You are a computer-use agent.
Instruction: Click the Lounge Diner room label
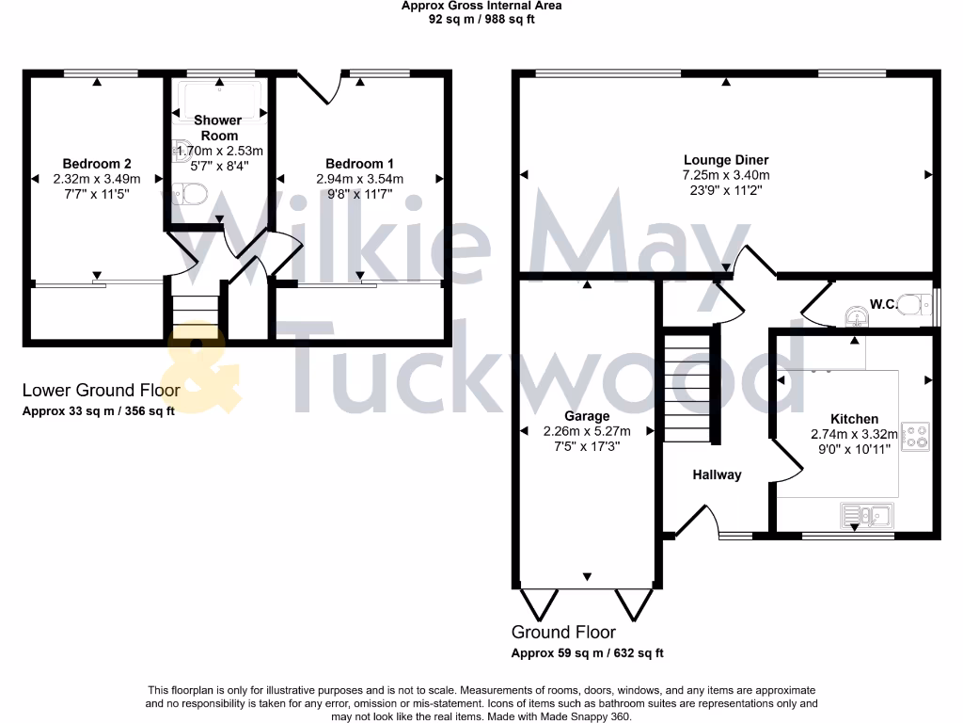726,160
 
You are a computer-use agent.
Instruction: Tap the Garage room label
587,416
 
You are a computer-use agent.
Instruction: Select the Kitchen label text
854,419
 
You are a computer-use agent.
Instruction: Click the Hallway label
717,475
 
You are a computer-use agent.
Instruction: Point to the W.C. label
881,304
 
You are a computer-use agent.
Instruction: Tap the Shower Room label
218,128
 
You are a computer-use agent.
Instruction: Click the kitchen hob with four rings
915,436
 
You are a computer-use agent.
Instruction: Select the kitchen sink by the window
866,514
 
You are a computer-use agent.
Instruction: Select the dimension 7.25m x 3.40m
726,175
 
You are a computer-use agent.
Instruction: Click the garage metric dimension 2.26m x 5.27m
587,431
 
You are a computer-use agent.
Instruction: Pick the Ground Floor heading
563,632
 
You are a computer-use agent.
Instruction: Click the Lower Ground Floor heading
101,390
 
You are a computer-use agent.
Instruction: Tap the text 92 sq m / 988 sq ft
481,19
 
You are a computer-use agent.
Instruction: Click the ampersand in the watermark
202,372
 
